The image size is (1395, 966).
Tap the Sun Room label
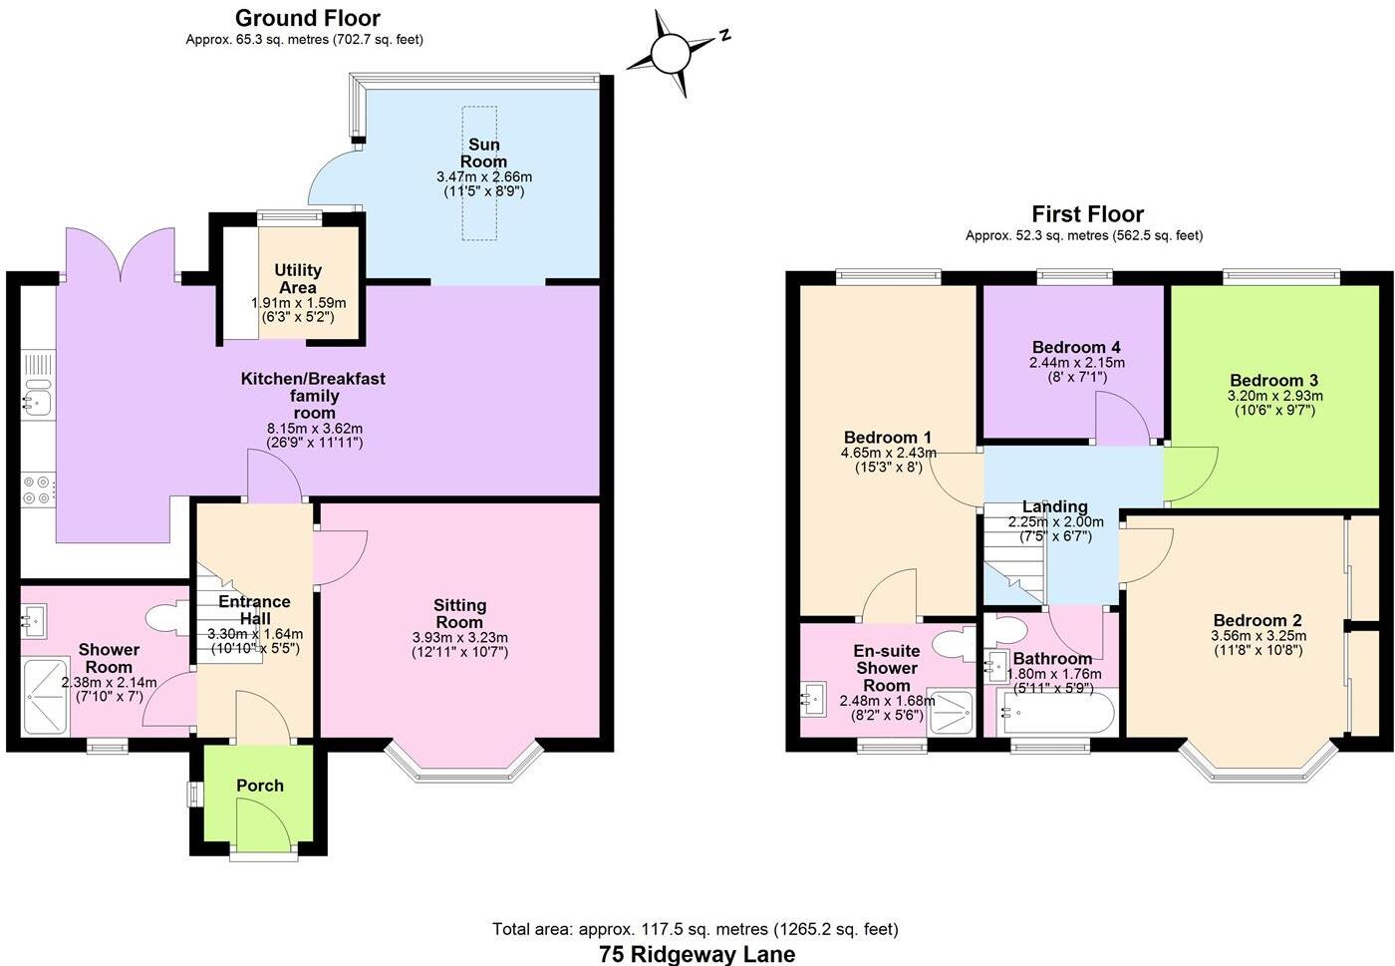click(483, 153)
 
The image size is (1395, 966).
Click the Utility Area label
click(298, 278)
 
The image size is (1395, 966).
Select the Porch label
click(260, 786)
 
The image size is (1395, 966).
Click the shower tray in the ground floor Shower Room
click(45, 696)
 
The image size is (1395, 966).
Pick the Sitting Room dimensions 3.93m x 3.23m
click(459, 638)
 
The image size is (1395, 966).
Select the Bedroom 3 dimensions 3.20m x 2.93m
click(1274, 396)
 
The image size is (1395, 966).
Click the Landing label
click(1054, 506)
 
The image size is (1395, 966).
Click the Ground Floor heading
click(307, 18)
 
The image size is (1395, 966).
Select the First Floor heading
click(1087, 213)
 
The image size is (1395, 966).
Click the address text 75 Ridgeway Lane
click(697, 954)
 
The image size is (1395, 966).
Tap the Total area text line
click(696, 929)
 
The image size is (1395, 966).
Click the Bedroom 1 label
click(887, 438)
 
